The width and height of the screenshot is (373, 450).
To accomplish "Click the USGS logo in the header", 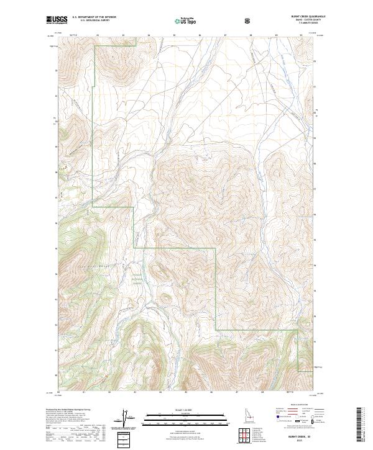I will tap(58, 20).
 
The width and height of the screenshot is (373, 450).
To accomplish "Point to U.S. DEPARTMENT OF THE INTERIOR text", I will tap(94, 17).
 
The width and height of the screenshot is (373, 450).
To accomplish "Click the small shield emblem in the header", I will tap(249, 20).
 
